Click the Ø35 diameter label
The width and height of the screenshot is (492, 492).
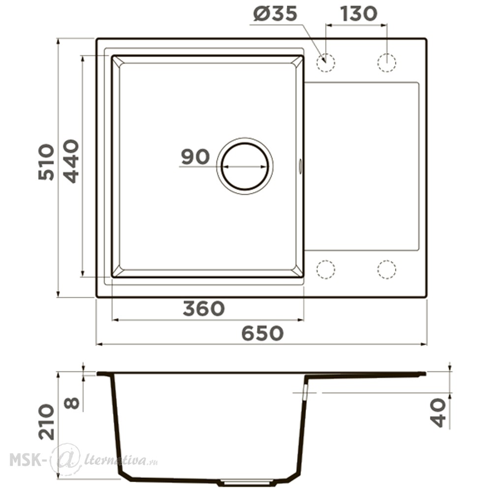(x=275, y=14)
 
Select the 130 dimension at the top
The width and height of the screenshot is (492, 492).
(x=358, y=14)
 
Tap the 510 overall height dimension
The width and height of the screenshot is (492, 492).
(x=46, y=162)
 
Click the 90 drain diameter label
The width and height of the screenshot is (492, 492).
(x=195, y=157)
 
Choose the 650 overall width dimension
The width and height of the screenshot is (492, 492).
(x=262, y=333)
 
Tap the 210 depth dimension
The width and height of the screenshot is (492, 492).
(x=46, y=422)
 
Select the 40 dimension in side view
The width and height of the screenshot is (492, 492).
(x=438, y=413)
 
